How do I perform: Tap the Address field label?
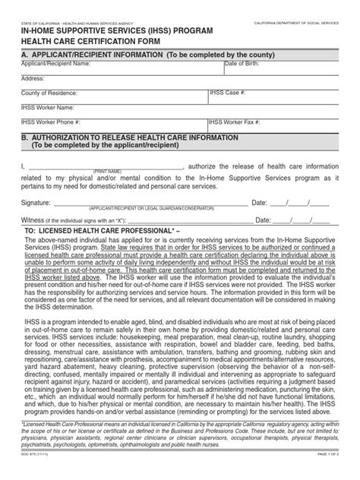click(x=33, y=78)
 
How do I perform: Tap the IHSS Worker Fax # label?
click(x=239, y=121)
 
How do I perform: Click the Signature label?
click(x=36, y=203)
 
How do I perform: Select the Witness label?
click(x=34, y=220)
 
